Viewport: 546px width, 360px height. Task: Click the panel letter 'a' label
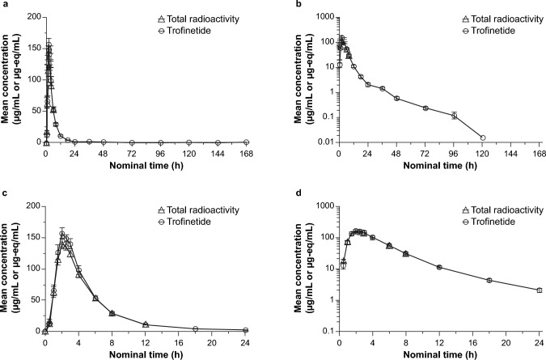tap(4, 6)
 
